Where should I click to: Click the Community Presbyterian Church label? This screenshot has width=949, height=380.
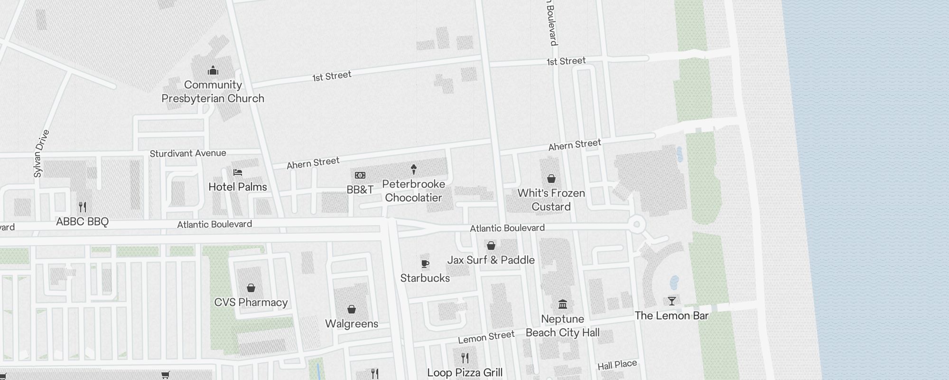click(x=213, y=92)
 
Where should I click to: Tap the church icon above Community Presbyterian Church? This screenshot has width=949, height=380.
click(x=213, y=71)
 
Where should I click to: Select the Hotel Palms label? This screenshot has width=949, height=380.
click(x=237, y=187)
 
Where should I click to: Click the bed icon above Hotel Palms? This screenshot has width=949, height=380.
click(x=238, y=172)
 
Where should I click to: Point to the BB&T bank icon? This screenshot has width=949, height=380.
click(x=360, y=175)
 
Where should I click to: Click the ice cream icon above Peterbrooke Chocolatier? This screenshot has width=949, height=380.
click(x=414, y=169)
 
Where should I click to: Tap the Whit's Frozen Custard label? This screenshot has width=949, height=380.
click(x=551, y=199)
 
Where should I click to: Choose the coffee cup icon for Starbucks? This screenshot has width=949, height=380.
click(x=425, y=264)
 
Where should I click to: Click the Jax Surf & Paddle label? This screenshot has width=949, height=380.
click(x=491, y=260)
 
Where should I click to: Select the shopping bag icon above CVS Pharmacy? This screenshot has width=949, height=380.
click(x=251, y=288)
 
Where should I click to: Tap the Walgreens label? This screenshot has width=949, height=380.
click(x=352, y=323)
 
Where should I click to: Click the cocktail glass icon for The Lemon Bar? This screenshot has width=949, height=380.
click(x=671, y=301)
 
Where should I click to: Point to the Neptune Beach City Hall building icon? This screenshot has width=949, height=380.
click(x=563, y=304)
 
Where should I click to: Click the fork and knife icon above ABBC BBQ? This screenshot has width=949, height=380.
click(x=83, y=207)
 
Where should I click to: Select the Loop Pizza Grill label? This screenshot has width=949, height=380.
click(x=465, y=372)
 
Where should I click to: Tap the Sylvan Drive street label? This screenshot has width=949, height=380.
click(x=42, y=153)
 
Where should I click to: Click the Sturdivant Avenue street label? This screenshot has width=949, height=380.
click(x=188, y=153)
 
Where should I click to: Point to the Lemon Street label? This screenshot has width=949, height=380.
click(x=486, y=337)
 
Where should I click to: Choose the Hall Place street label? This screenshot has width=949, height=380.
click(x=617, y=365)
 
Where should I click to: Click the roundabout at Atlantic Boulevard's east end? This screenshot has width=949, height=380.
click(x=637, y=224)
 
